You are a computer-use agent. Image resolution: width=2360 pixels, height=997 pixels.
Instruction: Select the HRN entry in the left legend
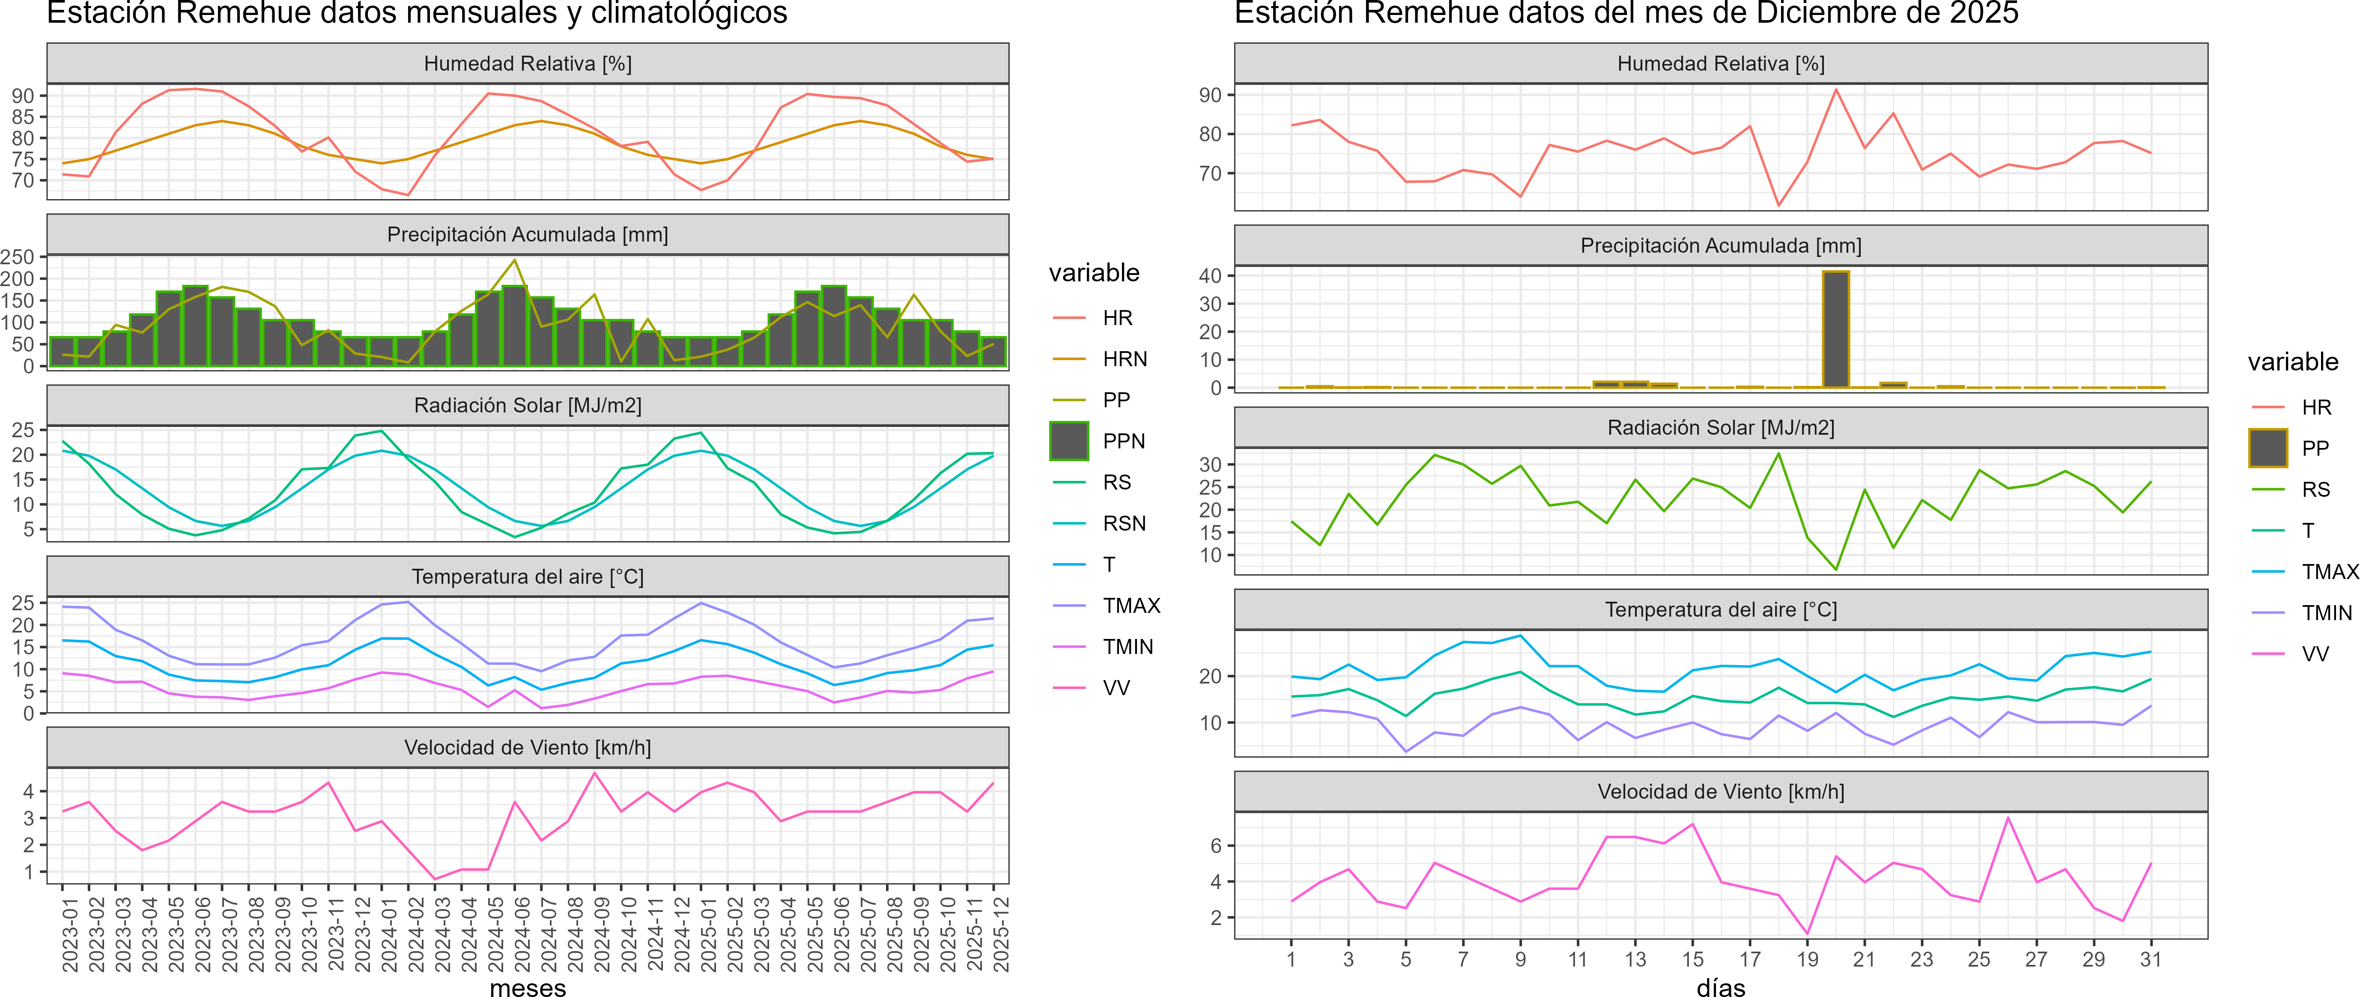1124,359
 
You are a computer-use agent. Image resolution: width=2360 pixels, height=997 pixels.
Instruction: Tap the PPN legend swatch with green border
1069,441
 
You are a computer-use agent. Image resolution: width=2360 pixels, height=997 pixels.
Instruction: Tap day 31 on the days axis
2150,959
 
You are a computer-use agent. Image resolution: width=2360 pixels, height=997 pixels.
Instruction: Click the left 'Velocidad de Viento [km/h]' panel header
528,748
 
